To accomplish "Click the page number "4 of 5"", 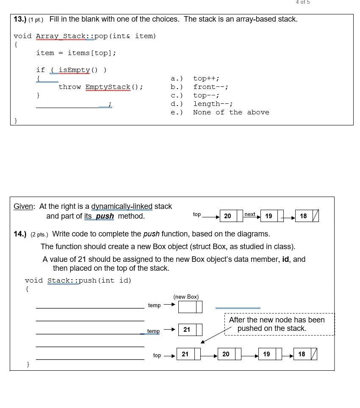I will point(302,3).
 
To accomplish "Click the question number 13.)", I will point(20,19).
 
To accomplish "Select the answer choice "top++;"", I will point(206,78).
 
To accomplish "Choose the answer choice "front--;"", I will point(210,87).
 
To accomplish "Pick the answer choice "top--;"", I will point(206,95).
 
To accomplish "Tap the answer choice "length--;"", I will point(213,104).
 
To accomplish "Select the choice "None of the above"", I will point(231,112).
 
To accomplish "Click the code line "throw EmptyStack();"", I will point(101,87).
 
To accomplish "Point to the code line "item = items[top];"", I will point(76,53).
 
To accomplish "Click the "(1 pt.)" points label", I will point(37,19).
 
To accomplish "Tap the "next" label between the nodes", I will point(250,214).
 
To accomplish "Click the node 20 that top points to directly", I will point(228,216).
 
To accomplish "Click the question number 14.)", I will point(20,234).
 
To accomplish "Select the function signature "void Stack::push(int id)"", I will point(78,280).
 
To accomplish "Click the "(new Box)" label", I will point(186,297).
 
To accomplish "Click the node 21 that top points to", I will point(186,354).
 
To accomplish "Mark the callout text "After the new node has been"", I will point(277,320).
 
